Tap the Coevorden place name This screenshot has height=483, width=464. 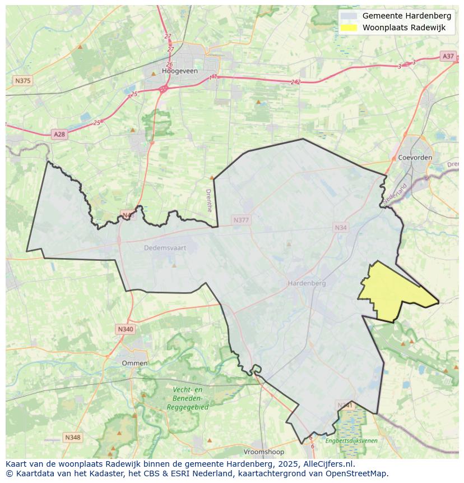[x=415, y=158]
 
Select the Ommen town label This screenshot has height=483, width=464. [x=134, y=363]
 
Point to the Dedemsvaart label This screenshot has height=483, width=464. [x=164, y=247]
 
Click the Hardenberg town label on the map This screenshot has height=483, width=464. [x=307, y=283]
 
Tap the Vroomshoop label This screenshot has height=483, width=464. [x=263, y=452]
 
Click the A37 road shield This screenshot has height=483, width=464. [x=448, y=56]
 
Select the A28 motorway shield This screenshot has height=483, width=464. [x=59, y=134]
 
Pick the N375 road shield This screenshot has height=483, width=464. [x=22, y=81]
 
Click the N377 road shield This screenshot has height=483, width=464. [x=241, y=220]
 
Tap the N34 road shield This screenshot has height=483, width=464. [x=341, y=227]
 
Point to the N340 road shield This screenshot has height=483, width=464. [x=126, y=329]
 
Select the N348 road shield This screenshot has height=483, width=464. [x=72, y=437]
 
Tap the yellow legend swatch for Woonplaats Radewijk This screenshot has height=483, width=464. [x=349, y=28]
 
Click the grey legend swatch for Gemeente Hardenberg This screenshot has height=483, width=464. [x=349, y=16]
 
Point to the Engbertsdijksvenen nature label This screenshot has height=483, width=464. [x=351, y=440]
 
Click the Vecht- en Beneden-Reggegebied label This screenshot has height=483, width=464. [x=187, y=398]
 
